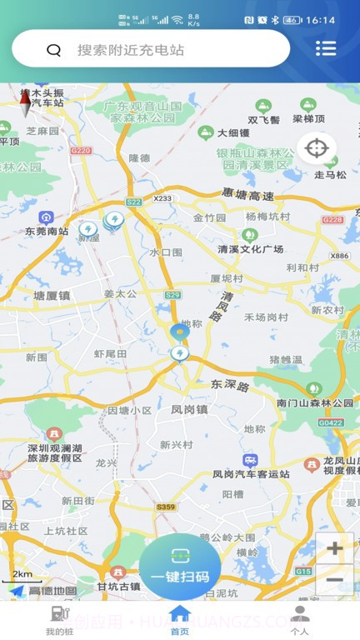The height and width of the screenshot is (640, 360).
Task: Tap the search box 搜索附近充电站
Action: pyautogui.click(x=150, y=50)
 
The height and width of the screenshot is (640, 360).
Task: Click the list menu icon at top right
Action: pyautogui.click(x=326, y=48)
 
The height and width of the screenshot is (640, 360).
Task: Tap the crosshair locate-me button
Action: pyautogui.click(x=317, y=149)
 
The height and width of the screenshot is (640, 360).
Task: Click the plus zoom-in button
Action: pyautogui.click(x=335, y=548)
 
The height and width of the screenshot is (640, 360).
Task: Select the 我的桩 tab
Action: pyautogui.click(x=59, y=621)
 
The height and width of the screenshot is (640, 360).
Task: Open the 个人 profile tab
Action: pyautogui.click(x=301, y=621)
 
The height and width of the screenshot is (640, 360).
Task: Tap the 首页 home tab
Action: pyautogui.click(x=180, y=621)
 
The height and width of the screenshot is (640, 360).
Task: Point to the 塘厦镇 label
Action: pyautogui.click(x=52, y=295)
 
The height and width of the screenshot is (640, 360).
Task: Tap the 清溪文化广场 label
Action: pyautogui.click(x=250, y=249)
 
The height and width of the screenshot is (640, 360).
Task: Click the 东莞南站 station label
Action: pyautogui.click(x=47, y=231)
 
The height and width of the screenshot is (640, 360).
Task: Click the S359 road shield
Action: pyautogui.click(x=166, y=507)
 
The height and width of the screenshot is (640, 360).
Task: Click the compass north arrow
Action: pyautogui.click(x=25, y=103)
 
